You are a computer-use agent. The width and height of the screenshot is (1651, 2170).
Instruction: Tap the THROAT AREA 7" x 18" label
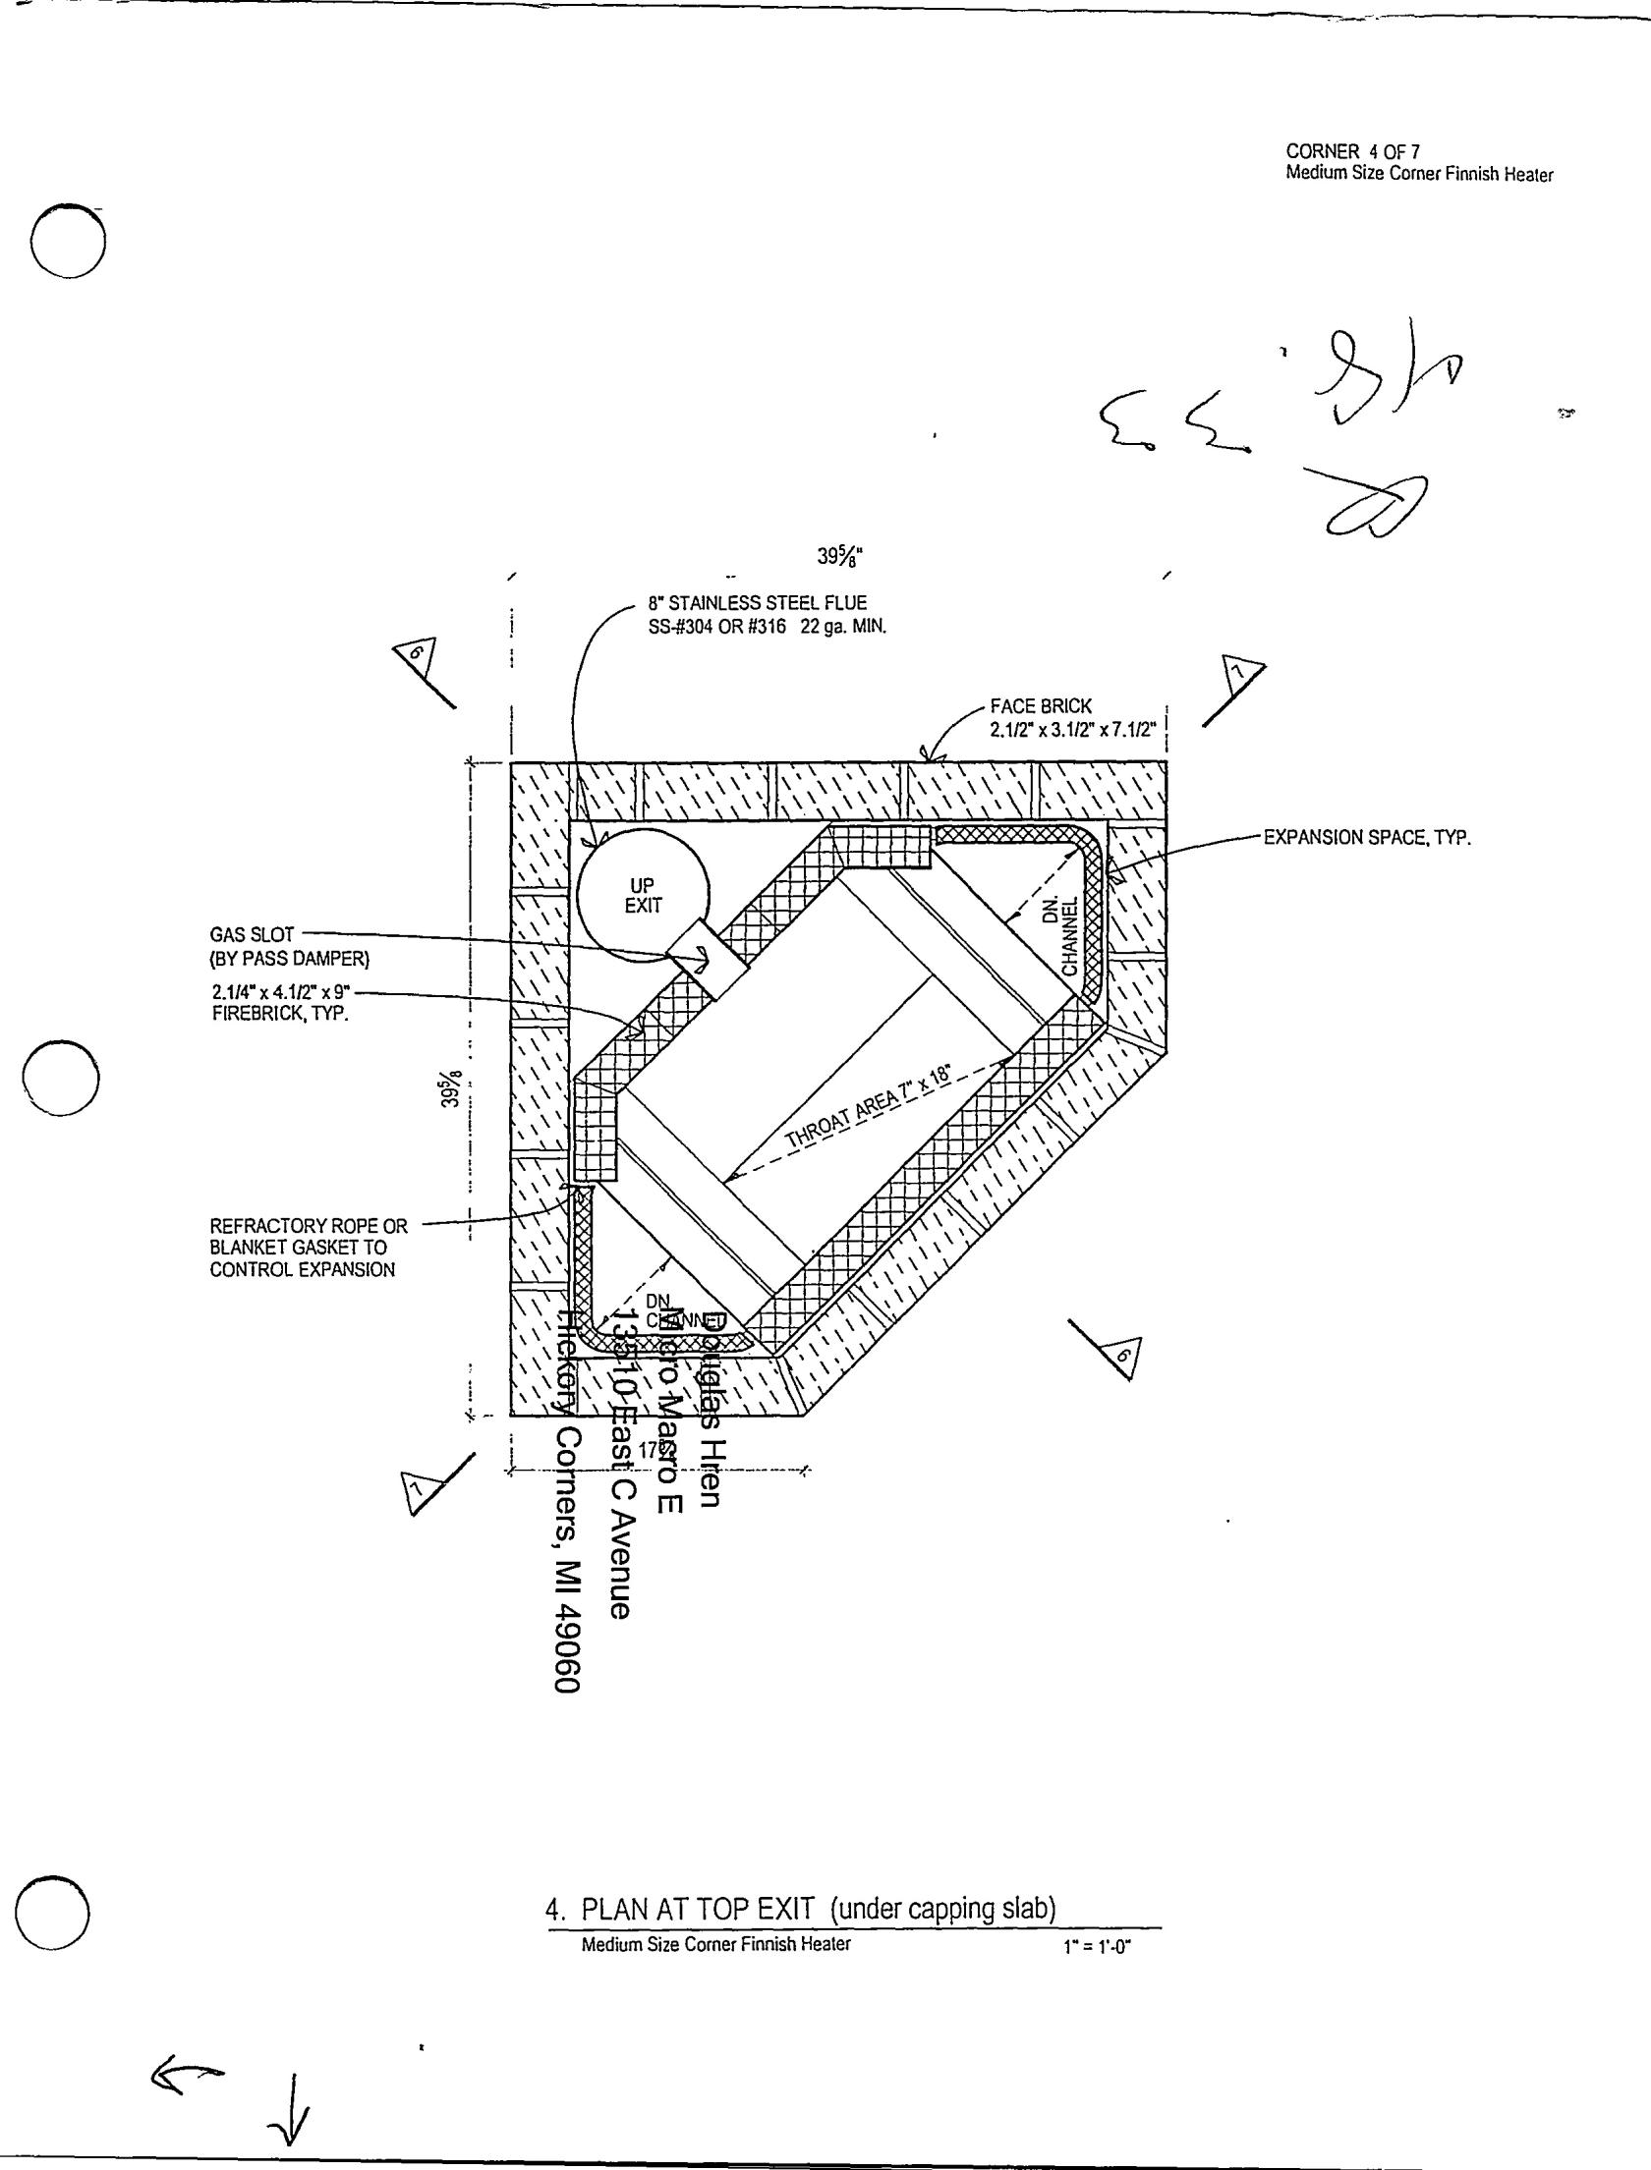coord(868,1106)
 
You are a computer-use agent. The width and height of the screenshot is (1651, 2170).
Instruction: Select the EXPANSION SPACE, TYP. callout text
coord(1366,838)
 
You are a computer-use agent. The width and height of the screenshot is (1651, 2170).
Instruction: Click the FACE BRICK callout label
coord(1041,706)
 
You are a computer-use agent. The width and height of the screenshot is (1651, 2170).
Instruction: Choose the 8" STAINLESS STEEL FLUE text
coord(757,603)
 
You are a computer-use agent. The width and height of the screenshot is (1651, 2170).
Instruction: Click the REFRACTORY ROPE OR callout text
coord(309,1226)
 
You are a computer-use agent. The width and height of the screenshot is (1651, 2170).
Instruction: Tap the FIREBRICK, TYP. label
coord(281,1014)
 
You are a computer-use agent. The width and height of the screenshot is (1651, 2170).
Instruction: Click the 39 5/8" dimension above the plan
coord(840,557)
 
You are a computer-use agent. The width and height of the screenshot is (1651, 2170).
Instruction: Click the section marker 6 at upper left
coord(418,655)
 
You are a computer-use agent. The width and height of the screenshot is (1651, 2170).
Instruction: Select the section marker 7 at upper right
coord(1241,675)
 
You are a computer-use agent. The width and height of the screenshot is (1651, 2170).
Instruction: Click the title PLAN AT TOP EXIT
coord(699,1909)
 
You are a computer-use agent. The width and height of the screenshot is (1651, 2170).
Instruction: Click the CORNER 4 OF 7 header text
coord(1353,151)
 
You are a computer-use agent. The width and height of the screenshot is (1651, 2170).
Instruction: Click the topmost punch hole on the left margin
coord(67,242)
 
